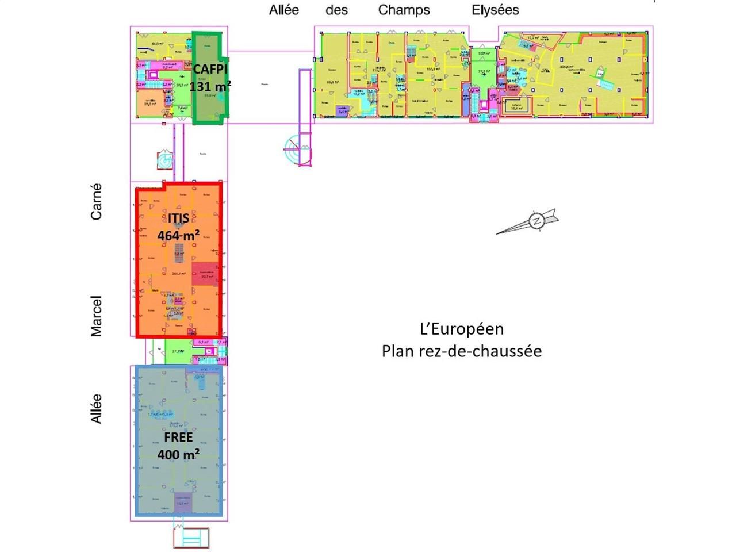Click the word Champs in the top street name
(404, 10)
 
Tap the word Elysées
(495, 10)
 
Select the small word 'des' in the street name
(336, 10)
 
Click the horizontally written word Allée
(284, 10)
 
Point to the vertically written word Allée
(97, 409)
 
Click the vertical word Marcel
(97, 316)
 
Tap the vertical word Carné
(97, 201)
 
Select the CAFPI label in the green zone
(210, 69)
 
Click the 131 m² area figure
(210, 86)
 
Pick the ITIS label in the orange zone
(179, 218)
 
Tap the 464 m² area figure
(179, 235)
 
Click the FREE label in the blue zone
(178, 437)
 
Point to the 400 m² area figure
(179, 454)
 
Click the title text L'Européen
(462, 329)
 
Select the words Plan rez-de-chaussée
(462, 351)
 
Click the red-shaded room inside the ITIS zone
(206, 274)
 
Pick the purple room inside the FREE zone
(183, 502)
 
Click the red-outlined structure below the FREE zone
(191, 538)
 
